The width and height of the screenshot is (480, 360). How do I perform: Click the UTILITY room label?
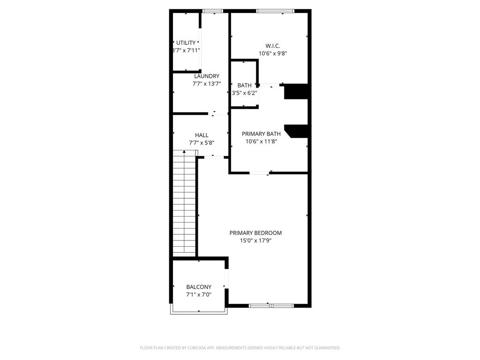point(186,43)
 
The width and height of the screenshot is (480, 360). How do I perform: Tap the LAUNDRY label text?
point(207,76)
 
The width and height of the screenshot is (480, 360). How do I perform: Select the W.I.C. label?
point(272,46)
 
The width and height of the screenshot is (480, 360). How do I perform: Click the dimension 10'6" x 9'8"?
point(272,53)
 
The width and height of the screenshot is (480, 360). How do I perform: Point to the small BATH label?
point(244,85)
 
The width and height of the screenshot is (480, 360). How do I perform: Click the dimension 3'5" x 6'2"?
point(244,93)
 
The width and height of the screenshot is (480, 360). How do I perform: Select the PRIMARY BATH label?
point(261,134)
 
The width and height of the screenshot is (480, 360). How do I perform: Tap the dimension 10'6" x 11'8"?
point(261,141)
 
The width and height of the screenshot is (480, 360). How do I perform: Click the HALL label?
point(202,135)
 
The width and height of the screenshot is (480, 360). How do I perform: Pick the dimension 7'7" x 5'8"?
point(202,142)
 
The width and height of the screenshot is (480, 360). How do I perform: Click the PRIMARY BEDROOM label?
point(255,232)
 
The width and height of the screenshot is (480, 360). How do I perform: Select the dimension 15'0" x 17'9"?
point(255,240)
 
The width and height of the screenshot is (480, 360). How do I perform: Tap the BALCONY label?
point(199,287)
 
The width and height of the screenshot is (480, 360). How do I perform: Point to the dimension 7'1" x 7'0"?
point(199,294)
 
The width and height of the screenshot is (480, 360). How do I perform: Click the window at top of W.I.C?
point(275,11)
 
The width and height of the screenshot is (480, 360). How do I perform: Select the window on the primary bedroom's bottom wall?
point(271,306)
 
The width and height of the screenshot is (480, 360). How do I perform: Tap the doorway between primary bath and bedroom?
point(259,173)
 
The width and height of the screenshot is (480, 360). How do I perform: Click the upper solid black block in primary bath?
point(296,91)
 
